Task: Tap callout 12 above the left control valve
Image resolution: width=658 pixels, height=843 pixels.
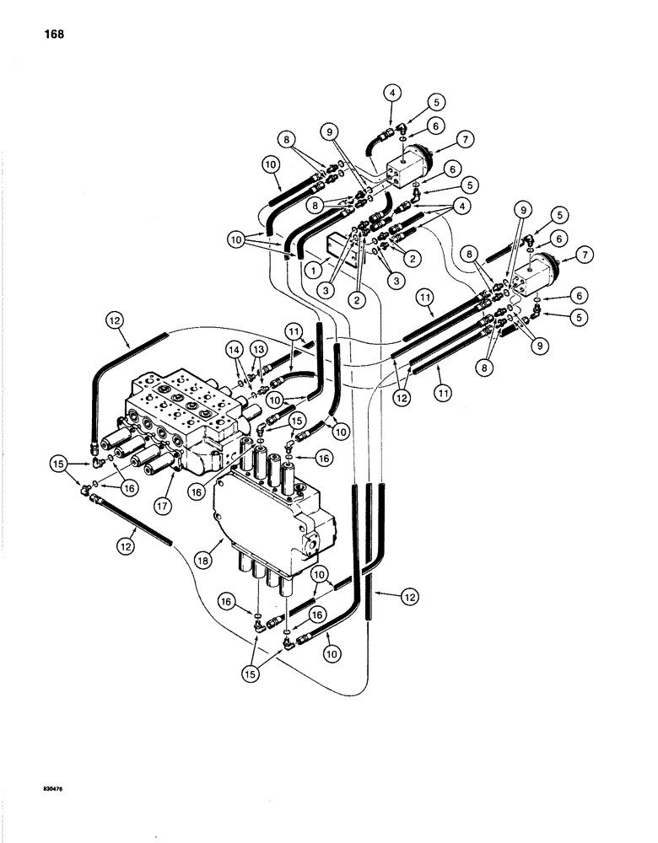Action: pos(116,320)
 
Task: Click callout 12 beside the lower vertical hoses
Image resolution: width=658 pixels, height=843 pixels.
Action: pos(408,597)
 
